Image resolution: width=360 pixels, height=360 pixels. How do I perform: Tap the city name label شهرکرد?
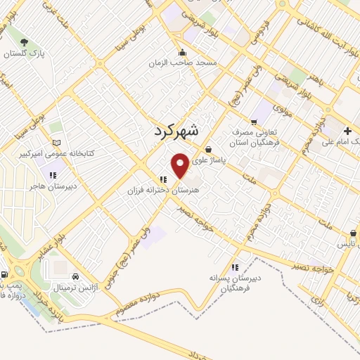tap(176, 130)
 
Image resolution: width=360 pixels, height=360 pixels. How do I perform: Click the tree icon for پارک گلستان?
tap(25, 43)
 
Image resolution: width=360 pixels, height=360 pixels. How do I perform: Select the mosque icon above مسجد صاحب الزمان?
tap(183, 52)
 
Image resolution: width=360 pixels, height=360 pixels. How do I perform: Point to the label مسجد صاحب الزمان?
tap(182, 63)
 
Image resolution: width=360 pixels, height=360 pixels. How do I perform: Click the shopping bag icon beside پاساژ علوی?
tap(210, 149)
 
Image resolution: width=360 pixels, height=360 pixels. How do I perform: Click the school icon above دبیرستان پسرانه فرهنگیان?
tap(235, 267)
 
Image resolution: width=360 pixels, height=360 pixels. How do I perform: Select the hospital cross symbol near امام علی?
tap(348, 131)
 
